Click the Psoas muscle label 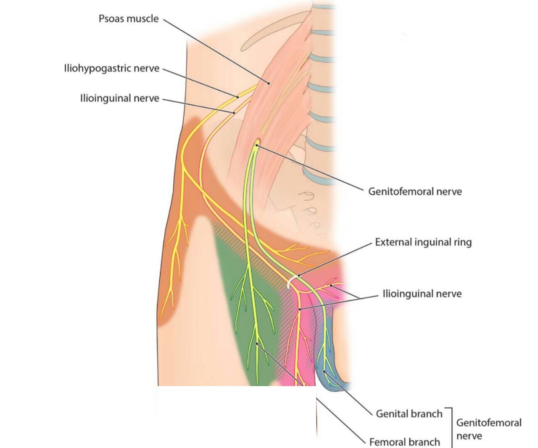click(x=129, y=19)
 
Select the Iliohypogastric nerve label click(x=111, y=68)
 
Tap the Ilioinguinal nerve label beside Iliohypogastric click(x=120, y=99)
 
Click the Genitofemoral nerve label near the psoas click(x=415, y=192)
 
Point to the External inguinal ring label click(x=423, y=242)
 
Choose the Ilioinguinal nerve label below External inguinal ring click(x=422, y=293)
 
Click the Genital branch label click(x=409, y=413)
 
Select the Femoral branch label click(x=404, y=442)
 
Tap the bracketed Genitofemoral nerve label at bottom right click(x=488, y=429)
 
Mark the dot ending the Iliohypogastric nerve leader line click(x=237, y=97)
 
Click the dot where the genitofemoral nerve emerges click(x=256, y=146)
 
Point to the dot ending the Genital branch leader click(x=324, y=372)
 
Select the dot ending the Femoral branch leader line click(x=257, y=344)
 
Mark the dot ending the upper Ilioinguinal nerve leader click(x=234, y=112)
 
